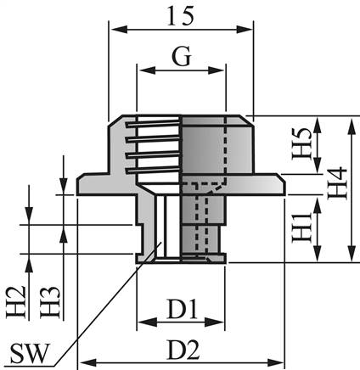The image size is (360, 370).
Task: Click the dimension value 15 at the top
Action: click(x=182, y=14)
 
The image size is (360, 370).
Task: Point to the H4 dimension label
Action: click(x=338, y=187)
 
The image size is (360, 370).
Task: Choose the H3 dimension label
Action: click(x=53, y=301)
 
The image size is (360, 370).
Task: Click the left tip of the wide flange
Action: click(x=79, y=181)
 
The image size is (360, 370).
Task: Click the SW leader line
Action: click(x=102, y=306)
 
